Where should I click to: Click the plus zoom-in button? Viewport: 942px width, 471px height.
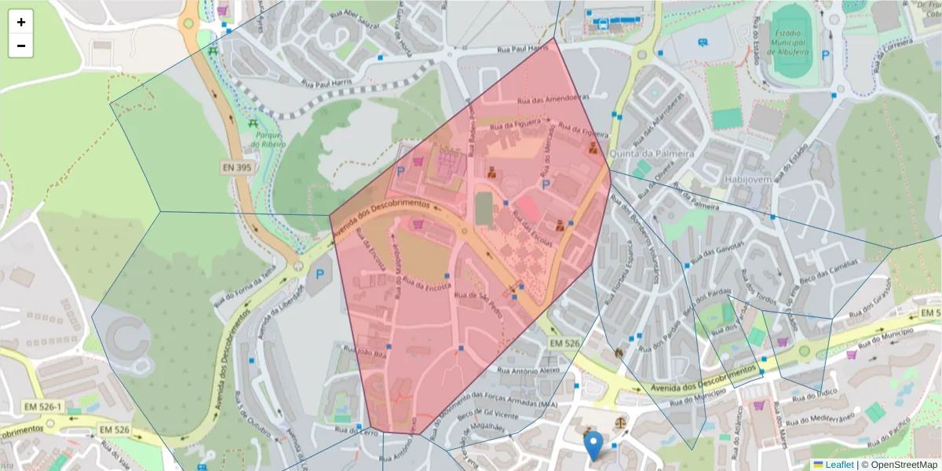21,22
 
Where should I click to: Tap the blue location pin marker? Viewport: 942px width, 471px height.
595,445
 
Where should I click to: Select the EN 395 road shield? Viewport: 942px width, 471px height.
235,168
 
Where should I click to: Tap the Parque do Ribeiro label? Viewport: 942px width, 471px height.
268,140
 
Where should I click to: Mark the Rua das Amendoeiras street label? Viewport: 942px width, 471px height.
553,100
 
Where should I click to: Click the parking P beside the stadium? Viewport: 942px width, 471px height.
826,55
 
